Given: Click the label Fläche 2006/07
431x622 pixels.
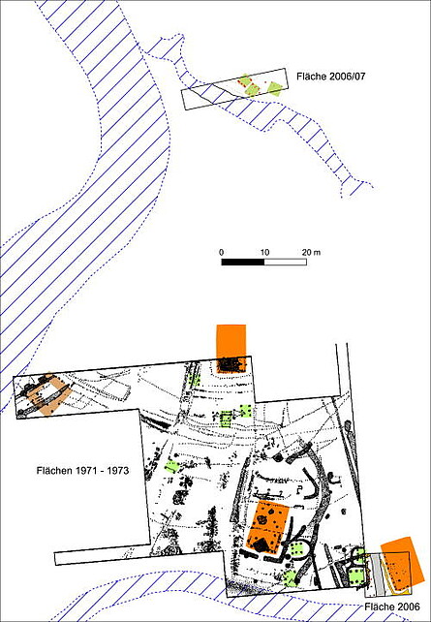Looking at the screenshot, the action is (330, 77).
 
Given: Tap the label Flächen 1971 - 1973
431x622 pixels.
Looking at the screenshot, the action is (82, 471).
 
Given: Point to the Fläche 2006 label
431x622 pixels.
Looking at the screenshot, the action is (392, 606).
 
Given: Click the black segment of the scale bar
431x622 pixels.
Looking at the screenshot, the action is (243, 262).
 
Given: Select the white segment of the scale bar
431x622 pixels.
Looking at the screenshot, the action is (285, 262).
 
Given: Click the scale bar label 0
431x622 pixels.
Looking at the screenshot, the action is (221, 252).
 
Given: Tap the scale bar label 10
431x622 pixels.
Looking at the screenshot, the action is (264, 252).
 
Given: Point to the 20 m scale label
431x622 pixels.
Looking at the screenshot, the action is (311, 252).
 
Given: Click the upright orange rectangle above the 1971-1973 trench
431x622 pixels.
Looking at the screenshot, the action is (231, 348).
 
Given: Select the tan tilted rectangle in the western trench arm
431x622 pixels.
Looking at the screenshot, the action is (51, 394).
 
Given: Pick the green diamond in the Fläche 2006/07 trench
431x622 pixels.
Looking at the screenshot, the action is (274, 88).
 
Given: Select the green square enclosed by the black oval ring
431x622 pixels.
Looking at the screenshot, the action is (297, 549).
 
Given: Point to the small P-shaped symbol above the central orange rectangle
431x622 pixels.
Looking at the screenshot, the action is (300, 488).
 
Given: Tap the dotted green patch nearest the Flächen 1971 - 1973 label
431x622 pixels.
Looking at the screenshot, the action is (171, 467).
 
